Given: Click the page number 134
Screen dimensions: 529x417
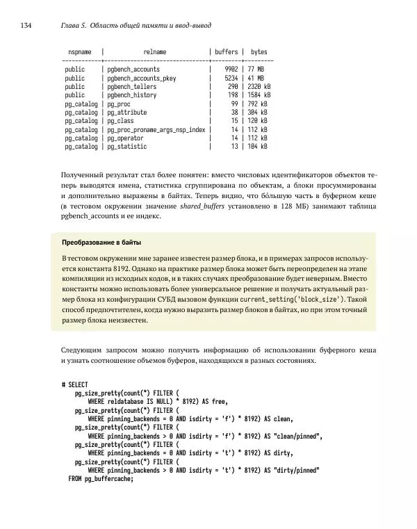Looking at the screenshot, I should click(x=26, y=26).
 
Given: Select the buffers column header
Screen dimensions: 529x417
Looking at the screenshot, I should click(x=226, y=52).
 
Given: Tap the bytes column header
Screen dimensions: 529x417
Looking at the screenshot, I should click(x=259, y=52).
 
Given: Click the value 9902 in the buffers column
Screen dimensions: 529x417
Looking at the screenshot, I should click(x=231, y=70).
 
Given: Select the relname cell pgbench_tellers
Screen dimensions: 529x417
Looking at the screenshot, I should click(x=131, y=87).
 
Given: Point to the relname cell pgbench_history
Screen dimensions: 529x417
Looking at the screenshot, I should click(x=131, y=95).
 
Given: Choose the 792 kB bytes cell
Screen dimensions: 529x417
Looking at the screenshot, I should click(x=258, y=104).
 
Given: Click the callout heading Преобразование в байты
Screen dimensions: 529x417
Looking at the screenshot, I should click(x=101, y=243).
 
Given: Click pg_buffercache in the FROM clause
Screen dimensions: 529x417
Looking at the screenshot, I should click(x=108, y=478).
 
